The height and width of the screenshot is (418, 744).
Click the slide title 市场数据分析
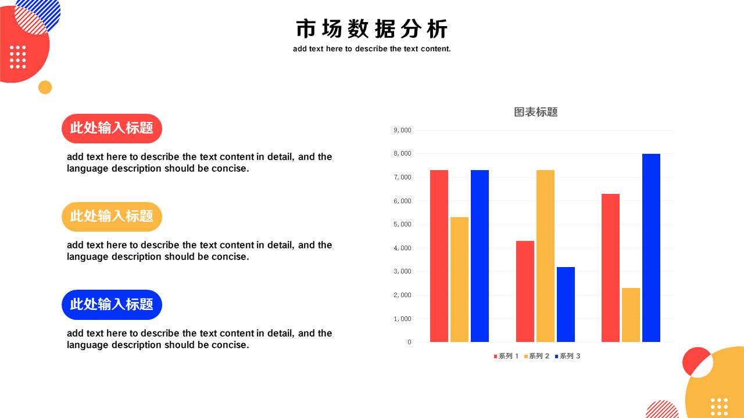point(371,29)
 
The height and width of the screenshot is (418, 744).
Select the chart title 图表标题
point(535,112)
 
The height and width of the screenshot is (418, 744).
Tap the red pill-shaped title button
point(112,128)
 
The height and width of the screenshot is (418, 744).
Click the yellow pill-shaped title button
point(112,217)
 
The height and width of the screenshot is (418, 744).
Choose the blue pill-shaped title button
point(112,305)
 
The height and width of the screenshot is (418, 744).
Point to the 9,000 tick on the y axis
point(402,130)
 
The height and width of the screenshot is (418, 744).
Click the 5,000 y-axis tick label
point(402,224)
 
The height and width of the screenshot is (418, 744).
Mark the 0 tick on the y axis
point(409,342)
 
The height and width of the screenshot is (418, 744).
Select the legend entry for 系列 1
point(506,356)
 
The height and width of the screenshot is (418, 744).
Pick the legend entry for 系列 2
point(536,356)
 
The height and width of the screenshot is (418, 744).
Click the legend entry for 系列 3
point(568,356)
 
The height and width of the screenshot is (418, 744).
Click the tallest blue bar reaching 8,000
point(651,248)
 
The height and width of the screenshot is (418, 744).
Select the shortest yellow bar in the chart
point(631,315)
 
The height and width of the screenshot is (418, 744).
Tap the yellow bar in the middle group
point(545,256)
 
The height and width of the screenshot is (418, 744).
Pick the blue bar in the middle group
point(566,305)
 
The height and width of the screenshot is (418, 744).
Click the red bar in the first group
point(439,256)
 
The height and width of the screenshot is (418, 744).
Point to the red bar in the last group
point(610,268)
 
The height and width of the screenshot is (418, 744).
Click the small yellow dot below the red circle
point(45,87)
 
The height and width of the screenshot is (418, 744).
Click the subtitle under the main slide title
point(371,49)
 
